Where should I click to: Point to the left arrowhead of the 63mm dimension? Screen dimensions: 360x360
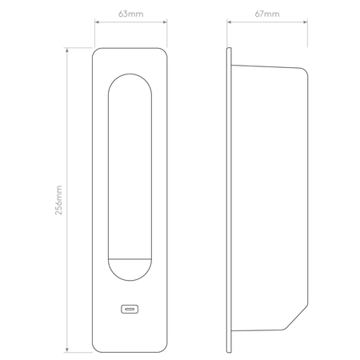click(x=97, y=23)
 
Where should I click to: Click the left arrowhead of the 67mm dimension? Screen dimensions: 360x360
click(x=229, y=23)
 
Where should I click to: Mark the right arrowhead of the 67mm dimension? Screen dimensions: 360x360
click(x=306, y=23)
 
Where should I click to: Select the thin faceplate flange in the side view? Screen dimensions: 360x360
click(x=230, y=200)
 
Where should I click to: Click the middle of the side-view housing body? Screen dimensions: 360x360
click(x=269, y=200)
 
